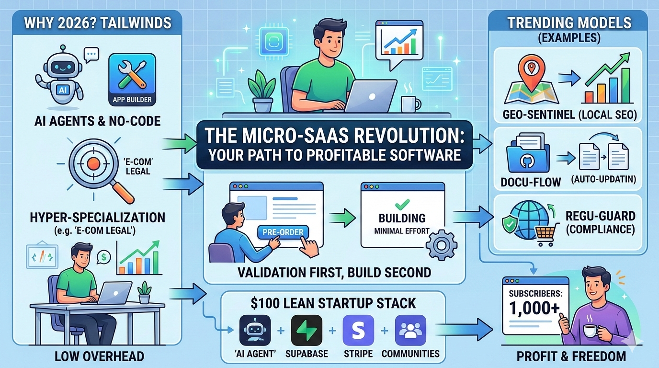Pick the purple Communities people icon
(410, 331)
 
